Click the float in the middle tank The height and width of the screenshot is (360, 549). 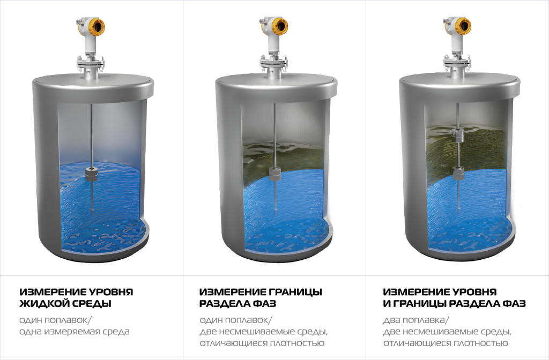[275, 174]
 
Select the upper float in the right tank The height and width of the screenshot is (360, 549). [458, 135]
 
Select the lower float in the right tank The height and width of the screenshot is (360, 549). [458, 174]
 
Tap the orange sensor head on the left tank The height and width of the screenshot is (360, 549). [95, 26]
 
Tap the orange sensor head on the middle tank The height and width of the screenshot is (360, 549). [278, 26]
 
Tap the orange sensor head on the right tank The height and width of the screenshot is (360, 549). [462, 26]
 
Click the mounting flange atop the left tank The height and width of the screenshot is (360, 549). [91, 64]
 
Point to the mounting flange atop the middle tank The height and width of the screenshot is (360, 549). [274, 64]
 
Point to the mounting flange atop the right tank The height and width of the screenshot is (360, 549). [457, 64]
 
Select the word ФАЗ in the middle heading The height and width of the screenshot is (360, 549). [264, 304]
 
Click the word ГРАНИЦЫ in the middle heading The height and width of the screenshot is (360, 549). [295, 292]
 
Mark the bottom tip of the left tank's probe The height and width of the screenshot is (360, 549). [92, 214]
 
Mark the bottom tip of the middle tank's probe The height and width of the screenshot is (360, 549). [275, 214]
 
